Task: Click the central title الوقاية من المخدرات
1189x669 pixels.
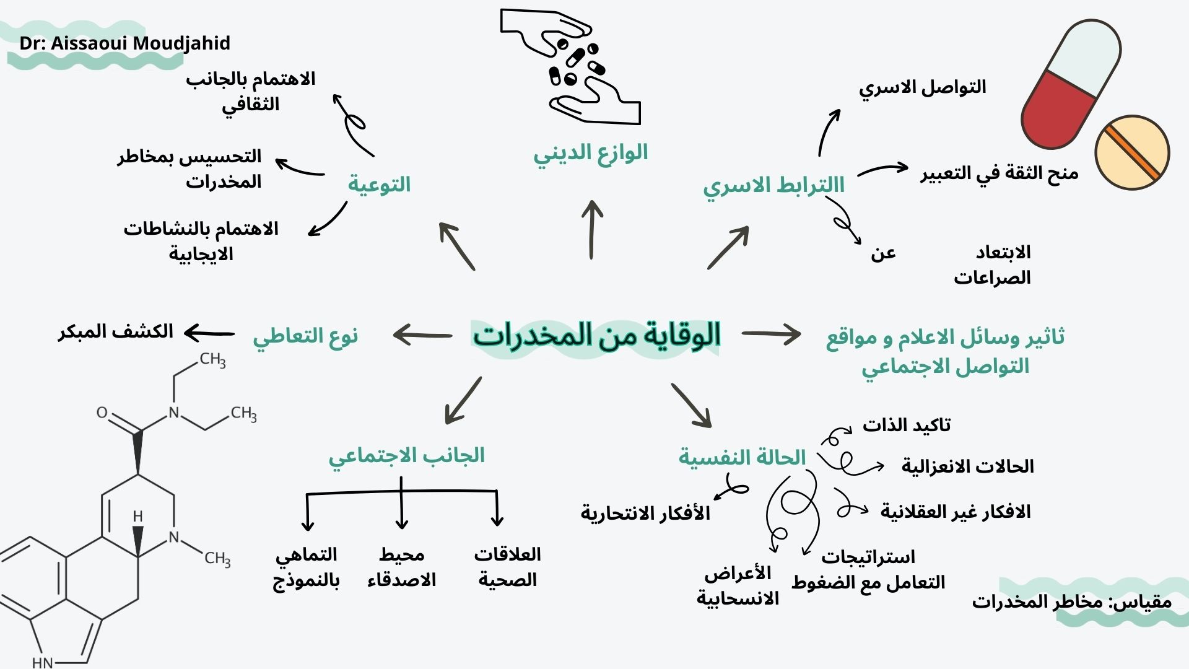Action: pyautogui.click(x=597, y=336)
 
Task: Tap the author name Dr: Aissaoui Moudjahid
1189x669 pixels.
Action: pyautogui.click(x=125, y=43)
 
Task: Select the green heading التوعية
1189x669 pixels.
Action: pyautogui.click(x=379, y=184)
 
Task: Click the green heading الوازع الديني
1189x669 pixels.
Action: pyautogui.click(x=591, y=153)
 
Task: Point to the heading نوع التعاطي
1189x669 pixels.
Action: pyautogui.click(x=305, y=336)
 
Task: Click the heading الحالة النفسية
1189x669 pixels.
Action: pyautogui.click(x=742, y=458)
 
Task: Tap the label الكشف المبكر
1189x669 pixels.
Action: pyautogui.click(x=116, y=331)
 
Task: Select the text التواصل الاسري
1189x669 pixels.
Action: pyautogui.click(x=922, y=87)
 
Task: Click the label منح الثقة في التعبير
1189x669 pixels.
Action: pyautogui.click(x=1000, y=173)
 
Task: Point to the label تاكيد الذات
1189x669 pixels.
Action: pyautogui.click(x=907, y=425)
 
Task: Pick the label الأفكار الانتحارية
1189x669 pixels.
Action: pyautogui.click(x=645, y=513)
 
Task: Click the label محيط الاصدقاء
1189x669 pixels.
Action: pyautogui.click(x=401, y=567)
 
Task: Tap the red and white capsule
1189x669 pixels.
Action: pyautogui.click(x=1071, y=84)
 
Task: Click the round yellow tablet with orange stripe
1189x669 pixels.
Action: pyautogui.click(x=1132, y=152)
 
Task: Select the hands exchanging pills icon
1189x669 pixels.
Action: pyautogui.click(x=570, y=66)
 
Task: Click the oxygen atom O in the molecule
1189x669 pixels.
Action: pyautogui.click(x=102, y=413)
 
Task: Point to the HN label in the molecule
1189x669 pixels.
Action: pyautogui.click(x=43, y=662)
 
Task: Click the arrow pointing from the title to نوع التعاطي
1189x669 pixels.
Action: pyautogui.click(x=422, y=335)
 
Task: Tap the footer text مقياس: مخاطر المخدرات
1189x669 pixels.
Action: pyautogui.click(x=1072, y=601)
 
